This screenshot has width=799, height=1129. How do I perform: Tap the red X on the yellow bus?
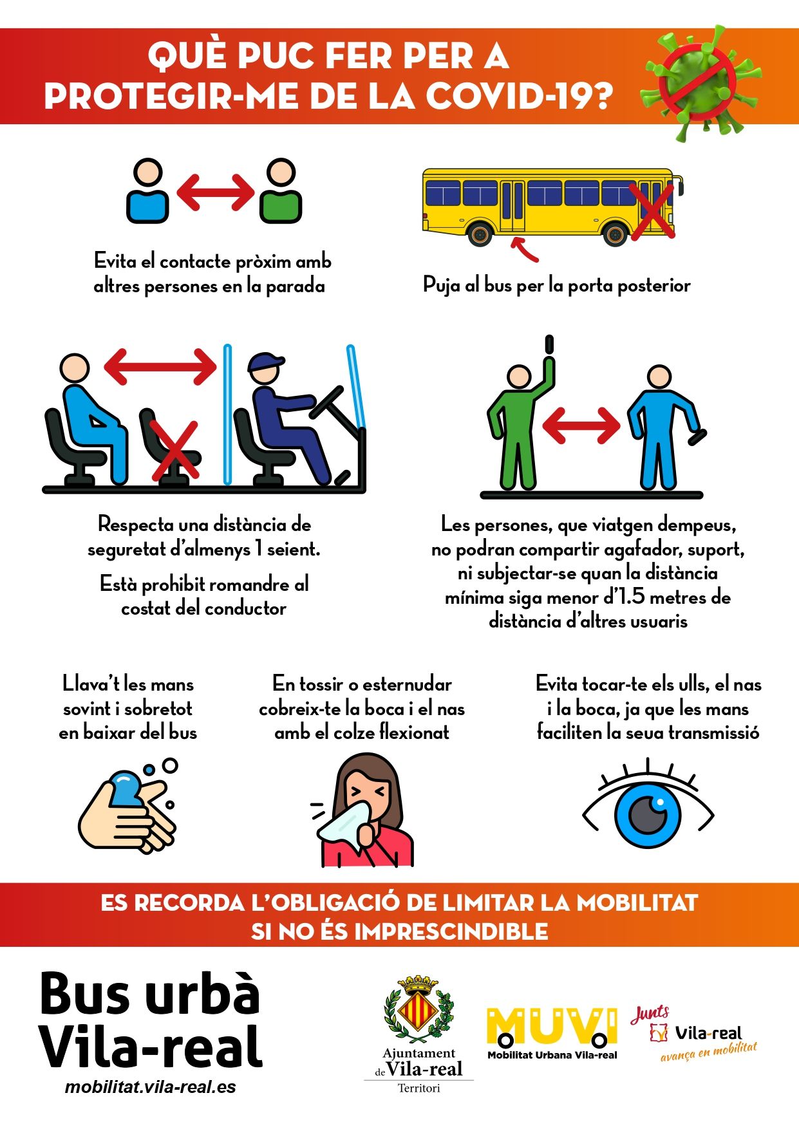pos(652,211)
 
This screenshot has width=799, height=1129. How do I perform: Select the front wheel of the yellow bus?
pos(615,233)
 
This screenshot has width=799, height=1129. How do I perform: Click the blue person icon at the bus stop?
pos(148,191)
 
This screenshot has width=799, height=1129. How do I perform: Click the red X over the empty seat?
pos(174,451)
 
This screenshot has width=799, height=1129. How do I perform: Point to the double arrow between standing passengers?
pos(581,425)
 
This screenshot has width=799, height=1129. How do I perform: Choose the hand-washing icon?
pos(128,806)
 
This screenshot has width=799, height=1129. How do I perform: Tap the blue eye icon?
pos(648,805)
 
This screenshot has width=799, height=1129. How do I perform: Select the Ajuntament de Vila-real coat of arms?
pos(419,1009)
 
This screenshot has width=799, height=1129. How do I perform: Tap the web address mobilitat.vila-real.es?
pos(150,1087)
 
